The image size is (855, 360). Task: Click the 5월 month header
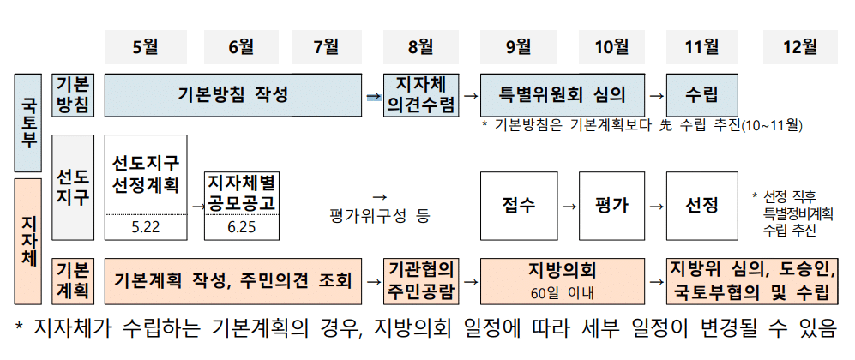pos(146,45)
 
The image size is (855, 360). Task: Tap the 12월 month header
pos(800,45)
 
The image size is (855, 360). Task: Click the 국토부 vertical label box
pos(27,123)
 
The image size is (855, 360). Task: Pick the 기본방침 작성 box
pos(233,94)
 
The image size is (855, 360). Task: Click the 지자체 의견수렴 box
pos(422,94)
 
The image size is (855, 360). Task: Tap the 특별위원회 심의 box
pos(560,94)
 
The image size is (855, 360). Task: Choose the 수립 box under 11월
pos(701,94)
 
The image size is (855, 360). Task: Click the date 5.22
pos(146,228)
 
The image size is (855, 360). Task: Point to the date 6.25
pos(242,228)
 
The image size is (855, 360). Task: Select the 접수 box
pos(518,206)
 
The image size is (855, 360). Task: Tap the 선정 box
pos(701,206)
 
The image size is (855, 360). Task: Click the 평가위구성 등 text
pos(379,216)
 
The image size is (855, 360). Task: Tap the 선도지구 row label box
pos(73,188)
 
